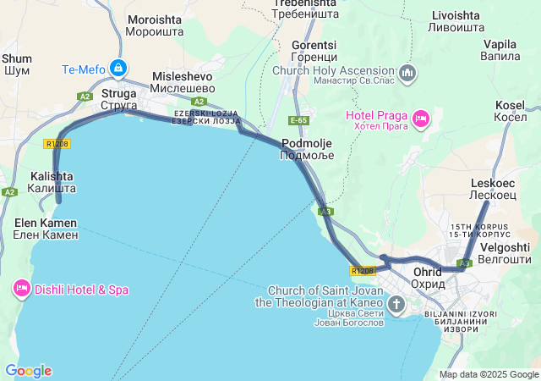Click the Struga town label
pos(119,99)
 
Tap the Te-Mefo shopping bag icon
pos(119,67)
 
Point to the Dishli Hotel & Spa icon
pos(22,290)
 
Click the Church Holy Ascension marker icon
pos(407,73)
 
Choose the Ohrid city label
pos(428,278)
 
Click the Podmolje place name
pos(307,149)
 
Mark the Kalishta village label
pos(52,181)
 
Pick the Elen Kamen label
pos(46,229)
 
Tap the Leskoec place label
pos(492,188)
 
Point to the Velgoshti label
pos(504,252)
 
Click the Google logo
pos(28,371)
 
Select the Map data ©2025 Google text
pos(489,374)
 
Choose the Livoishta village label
pos(455,22)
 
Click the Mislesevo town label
pos(182,81)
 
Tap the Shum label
pos(17,64)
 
